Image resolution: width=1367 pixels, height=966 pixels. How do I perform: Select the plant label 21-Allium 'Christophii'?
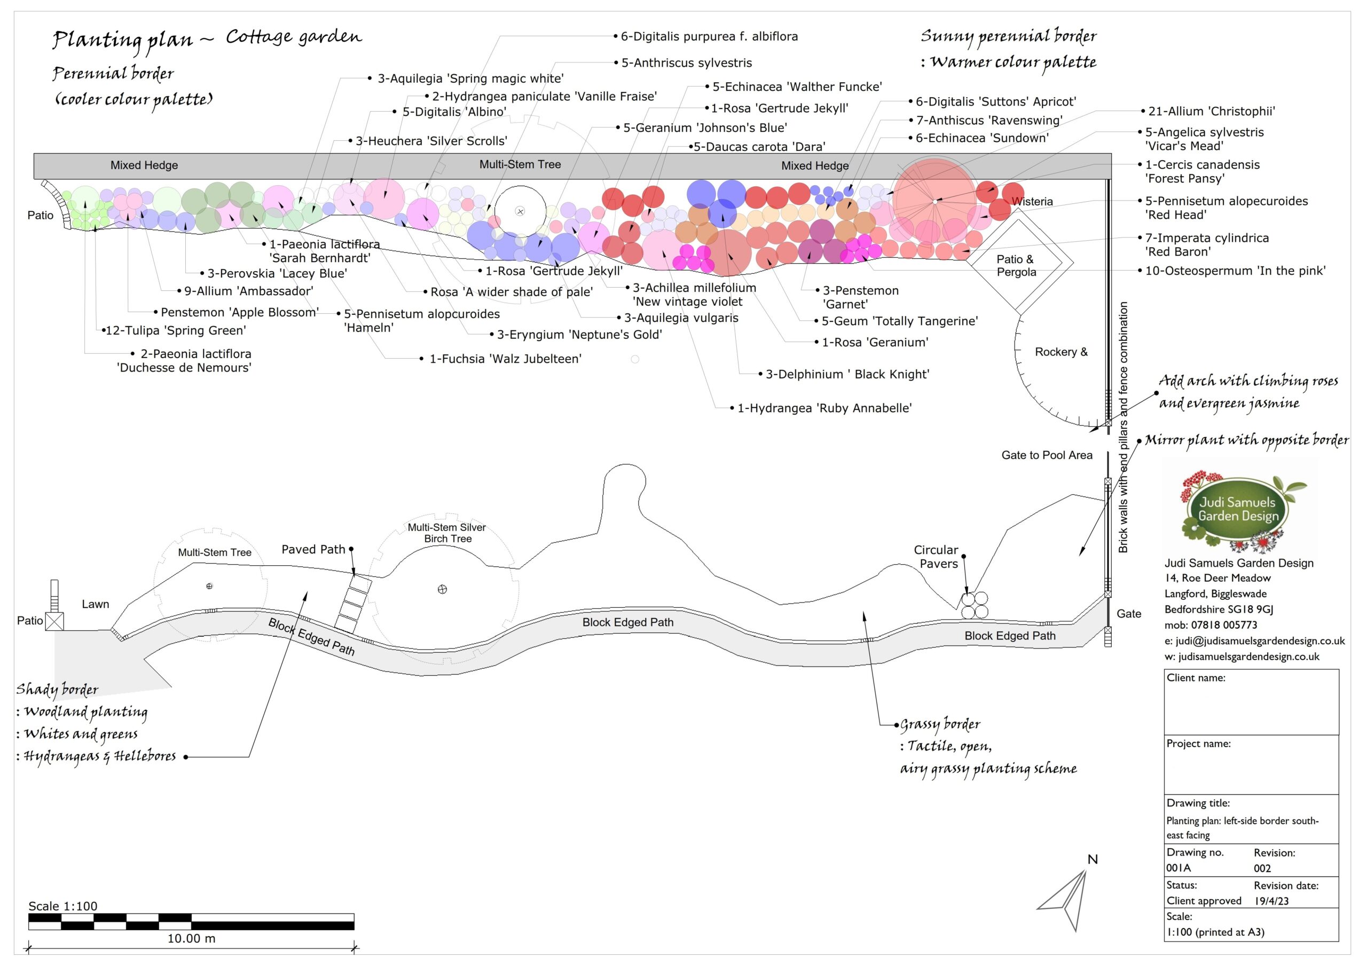click(x=1211, y=112)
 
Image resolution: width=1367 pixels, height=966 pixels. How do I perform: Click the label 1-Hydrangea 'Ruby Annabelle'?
click(x=824, y=408)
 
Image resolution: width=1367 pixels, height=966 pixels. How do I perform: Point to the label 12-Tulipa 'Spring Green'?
click(x=176, y=330)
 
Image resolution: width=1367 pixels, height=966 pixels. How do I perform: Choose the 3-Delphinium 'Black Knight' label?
click(x=847, y=374)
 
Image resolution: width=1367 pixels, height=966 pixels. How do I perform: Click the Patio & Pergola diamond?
click(x=1018, y=265)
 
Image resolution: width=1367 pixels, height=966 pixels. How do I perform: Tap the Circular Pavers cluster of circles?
click(x=974, y=605)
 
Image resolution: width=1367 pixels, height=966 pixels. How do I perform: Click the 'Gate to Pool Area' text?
click(x=1047, y=455)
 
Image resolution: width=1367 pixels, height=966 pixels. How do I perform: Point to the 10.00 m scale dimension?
click(x=191, y=939)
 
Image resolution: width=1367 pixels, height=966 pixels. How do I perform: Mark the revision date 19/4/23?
click(x=1271, y=900)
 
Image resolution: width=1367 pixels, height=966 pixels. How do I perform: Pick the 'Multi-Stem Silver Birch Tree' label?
click(x=447, y=533)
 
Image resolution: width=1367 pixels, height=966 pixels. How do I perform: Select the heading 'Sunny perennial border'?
click(x=1008, y=36)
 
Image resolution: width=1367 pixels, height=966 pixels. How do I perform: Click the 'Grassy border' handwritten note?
click(x=939, y=724)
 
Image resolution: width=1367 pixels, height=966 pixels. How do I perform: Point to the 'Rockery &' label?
click(x=1061, y=352)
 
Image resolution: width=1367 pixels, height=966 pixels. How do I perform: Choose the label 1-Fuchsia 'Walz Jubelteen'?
click(x=505, y=359)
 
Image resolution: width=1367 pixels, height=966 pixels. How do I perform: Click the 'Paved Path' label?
click(x=313, y=549)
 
